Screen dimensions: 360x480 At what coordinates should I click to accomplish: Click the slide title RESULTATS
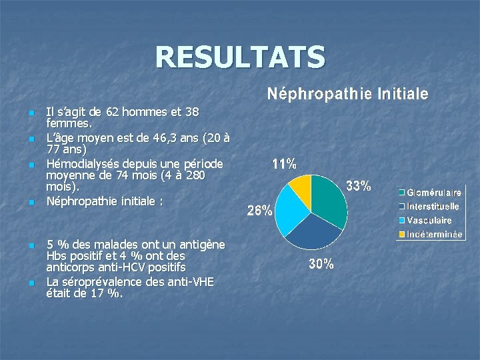240,57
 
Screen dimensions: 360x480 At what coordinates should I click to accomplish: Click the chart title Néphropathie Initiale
347,94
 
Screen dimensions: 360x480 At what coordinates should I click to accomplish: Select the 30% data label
321,265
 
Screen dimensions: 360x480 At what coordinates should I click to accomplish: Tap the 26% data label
259,211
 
